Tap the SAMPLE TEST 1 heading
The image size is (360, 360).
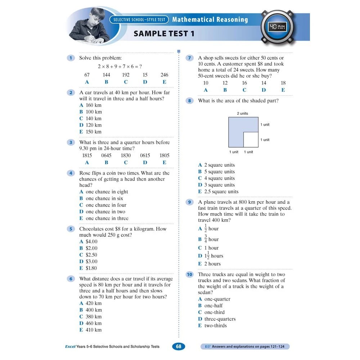164,34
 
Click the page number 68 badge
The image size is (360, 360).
179,347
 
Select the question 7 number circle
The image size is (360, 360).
189,58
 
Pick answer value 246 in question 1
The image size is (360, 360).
164,75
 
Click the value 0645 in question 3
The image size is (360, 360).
106,156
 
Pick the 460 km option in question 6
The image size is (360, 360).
93,323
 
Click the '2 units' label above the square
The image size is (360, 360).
242,113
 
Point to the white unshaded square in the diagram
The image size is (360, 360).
251,140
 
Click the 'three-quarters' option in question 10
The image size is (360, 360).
219,319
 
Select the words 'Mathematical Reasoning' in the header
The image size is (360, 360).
210,19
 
